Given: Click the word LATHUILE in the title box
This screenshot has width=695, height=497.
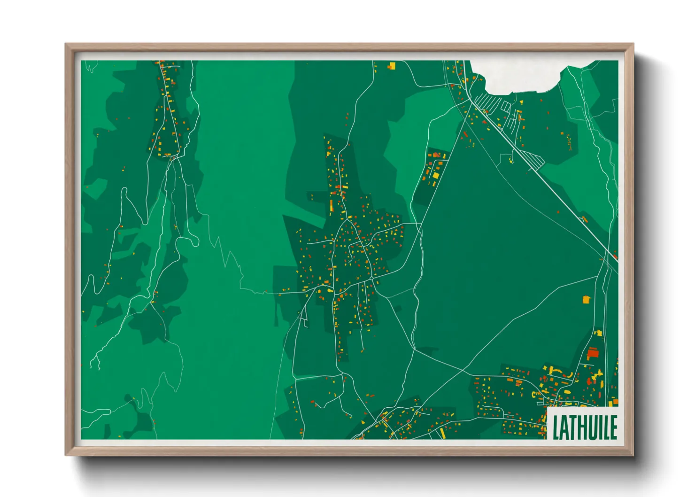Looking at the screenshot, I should pyautogui.click(x=584, y=427).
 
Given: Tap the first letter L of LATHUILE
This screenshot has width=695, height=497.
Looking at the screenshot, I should pyautogui.click(x=556, y=427).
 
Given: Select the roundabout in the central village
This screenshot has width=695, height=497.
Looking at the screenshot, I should pyautogui.click(x=371, y=279).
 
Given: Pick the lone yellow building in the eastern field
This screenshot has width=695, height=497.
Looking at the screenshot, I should pyautogui.click(x=586, y=299).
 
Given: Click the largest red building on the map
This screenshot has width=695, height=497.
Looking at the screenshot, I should pyautogui.click(x=593, y=353).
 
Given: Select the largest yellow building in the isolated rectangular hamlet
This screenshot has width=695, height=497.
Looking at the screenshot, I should pyautogui.click(x=435, y=175).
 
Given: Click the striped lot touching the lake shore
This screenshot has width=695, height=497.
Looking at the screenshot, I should pyautogui.click(x=488, y=101).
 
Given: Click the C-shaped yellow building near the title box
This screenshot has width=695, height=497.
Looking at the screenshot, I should pyautogui.click(x=535, y=395).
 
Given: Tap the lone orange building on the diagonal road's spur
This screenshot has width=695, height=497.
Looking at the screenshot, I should pyautogui.click(x=584, y=219).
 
